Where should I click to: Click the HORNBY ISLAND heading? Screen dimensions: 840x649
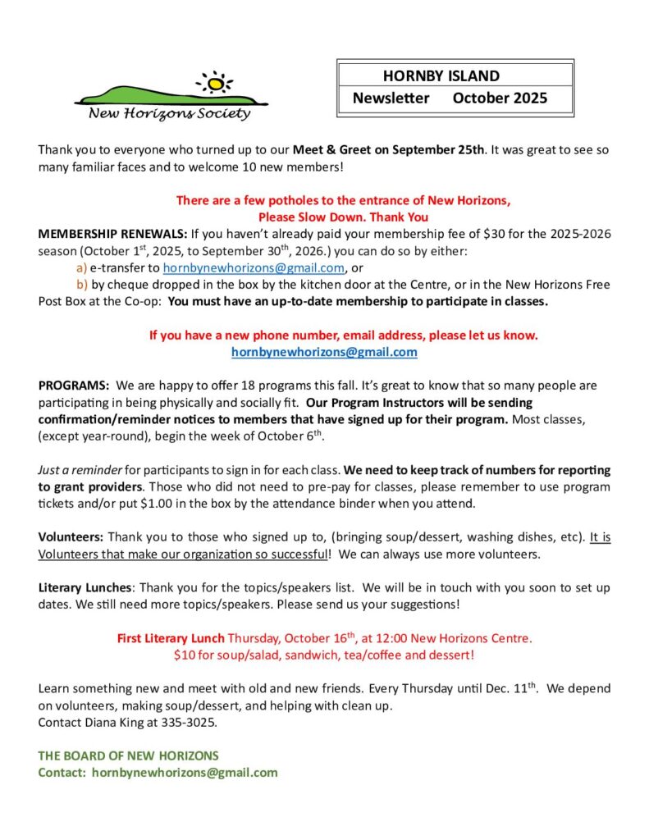(441, 76)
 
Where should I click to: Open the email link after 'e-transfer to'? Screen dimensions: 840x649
(254, 268)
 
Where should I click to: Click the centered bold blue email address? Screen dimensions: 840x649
(324, 352)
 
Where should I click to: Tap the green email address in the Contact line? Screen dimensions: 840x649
(185, 773)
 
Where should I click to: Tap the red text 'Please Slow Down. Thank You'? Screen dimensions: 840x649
(343, 217)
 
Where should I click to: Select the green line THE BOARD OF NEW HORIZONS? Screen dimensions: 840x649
(128, 756)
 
